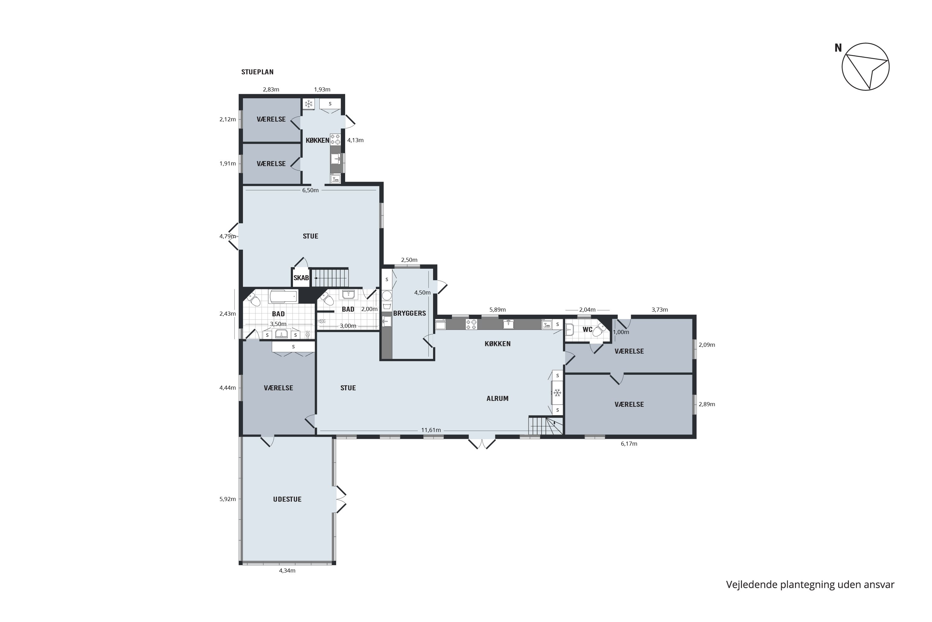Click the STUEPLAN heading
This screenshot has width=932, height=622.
click(x=257, y=72)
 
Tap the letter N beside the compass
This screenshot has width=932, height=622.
click(x=838, y=48)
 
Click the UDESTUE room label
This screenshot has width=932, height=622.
click(x=287, y=499)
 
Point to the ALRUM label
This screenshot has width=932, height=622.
click(x=497, y=399)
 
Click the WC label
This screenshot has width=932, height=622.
click(x=587, y=330)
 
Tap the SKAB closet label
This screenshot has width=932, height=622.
click(x=301, y=278)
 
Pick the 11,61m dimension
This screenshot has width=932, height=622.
click(x=431, y=430)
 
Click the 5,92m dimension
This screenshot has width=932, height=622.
click(x=227, y=499)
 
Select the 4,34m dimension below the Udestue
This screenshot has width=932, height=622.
click(x=287, y=571)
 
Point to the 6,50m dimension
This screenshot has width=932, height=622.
click(x=310, y=190)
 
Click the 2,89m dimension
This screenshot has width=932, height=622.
click(x=707, y=405)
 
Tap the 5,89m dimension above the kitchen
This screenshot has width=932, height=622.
click(x=497, y=310)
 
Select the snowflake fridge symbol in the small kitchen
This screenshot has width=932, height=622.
click(x=308, y=104)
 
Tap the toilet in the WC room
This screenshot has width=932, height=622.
click(x=599, y=330)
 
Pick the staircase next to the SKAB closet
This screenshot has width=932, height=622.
click(x=330, y=278)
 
